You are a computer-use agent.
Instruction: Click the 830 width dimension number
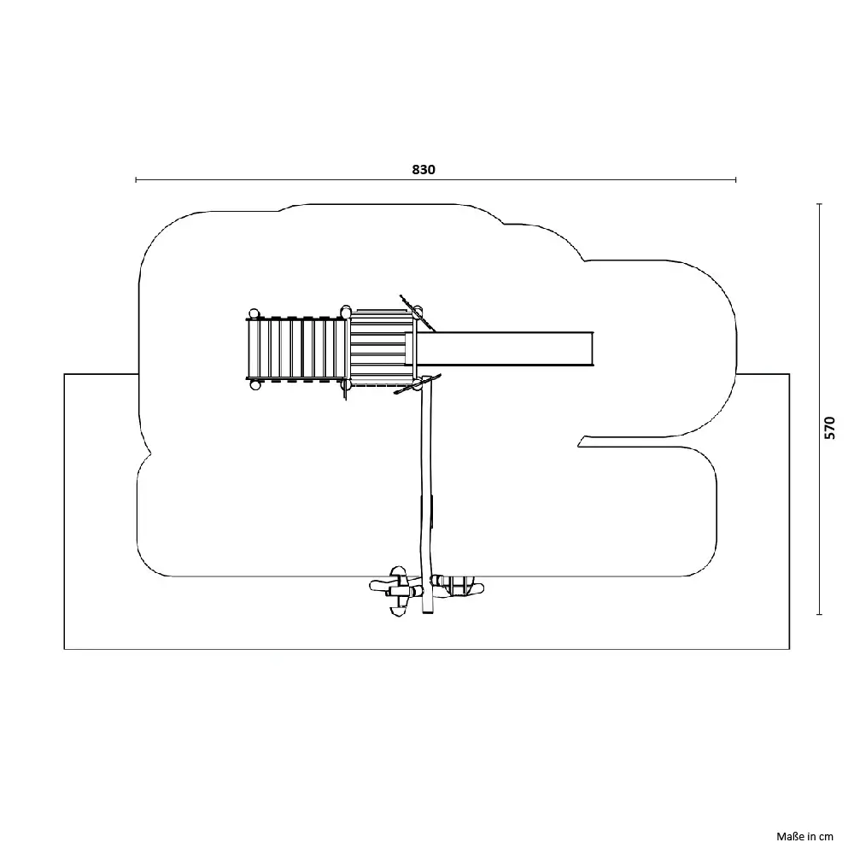point(424,169)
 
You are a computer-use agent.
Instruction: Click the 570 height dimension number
point(829,428)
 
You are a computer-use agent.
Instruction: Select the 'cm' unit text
point(826,837)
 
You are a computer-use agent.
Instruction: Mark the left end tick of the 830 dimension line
point(136,179)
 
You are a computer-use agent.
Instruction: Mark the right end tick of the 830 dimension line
point(736,179)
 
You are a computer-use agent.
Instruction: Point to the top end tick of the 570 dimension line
point(819,204)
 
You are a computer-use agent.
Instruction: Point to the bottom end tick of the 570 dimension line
point(819,614)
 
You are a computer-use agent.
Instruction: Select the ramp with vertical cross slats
point(297,348)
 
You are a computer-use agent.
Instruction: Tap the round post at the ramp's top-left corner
point(254,313)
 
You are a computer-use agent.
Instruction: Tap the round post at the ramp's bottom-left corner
point(254,384)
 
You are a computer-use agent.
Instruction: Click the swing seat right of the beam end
point(458,586)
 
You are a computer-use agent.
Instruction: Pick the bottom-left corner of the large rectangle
point(64,649)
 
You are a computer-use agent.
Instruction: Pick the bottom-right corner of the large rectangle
point(790,649)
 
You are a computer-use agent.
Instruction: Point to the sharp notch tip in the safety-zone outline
point(578,447)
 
